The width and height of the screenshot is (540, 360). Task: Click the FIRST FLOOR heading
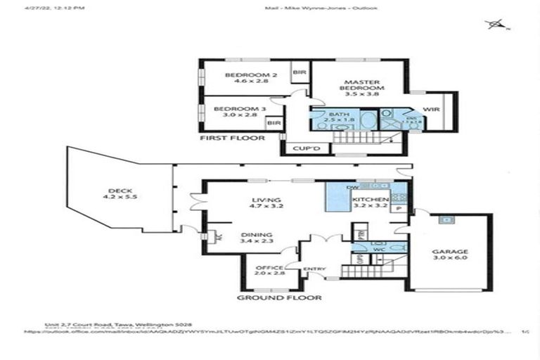[232, 138]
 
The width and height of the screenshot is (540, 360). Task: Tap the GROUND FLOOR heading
[279, 297]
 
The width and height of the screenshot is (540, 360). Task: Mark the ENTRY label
[313, 269]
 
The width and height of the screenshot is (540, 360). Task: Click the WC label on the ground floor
[378, 248]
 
